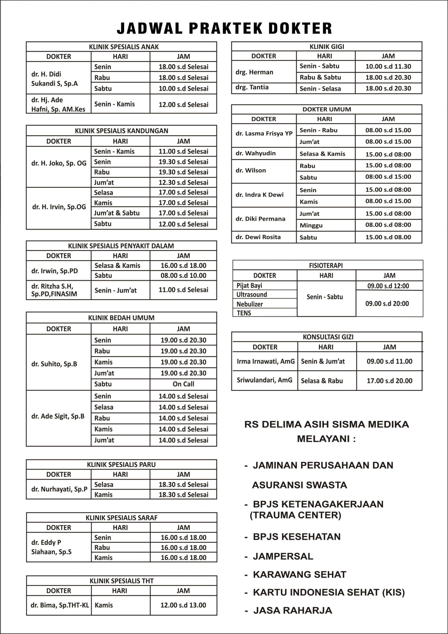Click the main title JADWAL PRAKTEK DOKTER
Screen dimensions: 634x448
pyautogui.click(x=224, y=28)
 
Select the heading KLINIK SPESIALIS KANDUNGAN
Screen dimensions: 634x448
pyautogui.click(x=121, y=131)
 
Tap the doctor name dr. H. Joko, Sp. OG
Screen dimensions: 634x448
pyautogui.click(x=59, y=163)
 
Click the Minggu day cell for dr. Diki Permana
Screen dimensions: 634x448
pyautogui.click(x=311, y=225)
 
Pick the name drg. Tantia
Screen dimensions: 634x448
pyautogui.click(x=252, y=87)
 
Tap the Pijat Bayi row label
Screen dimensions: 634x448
pyautogui.click(x=249, y=286)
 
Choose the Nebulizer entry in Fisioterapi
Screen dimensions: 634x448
pyautogui.click(x=249, y=304)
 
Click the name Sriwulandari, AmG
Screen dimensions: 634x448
pyautogui.click(x=264, y=380)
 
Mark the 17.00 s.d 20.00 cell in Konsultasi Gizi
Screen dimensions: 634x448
pyautogui.click(x=389, y=381)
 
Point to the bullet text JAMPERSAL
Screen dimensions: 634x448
pyautogui.click(x=283, y=556)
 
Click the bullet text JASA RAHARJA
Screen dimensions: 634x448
pyautogui.click(x=292, y=610)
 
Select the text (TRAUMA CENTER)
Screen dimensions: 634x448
pyautogui.click(x=295, y=515)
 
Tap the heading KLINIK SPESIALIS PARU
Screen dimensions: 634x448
pyautogui.click(x=121, y=465)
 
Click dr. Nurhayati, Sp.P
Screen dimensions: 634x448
pyautogui.click(x=59, y=489)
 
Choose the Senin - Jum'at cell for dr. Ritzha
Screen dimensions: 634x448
pyautogui.click(x=115, y=291)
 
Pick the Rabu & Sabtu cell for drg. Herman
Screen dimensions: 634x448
pyautogui.click(x=320, y=78)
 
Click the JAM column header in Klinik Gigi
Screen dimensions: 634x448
pyautogui.click(x=388, y=56)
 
